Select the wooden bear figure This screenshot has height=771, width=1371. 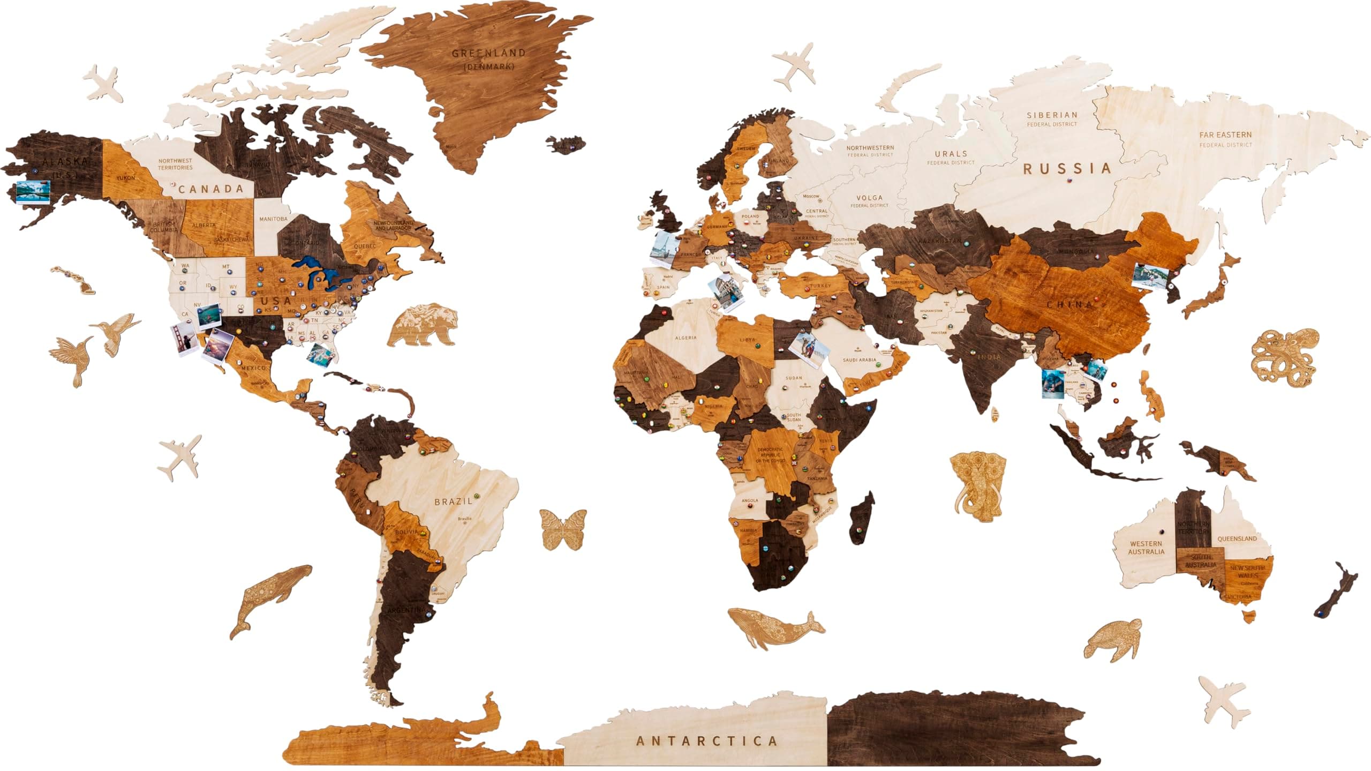[423, 324]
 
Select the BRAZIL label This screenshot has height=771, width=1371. [453, 501]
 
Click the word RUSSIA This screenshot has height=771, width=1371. [1067, 169]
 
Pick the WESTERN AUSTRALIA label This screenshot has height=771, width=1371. [1146, 548]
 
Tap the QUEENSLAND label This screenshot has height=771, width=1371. [1237, 538]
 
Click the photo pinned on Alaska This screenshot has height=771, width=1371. [33, 191]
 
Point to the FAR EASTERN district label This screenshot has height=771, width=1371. [1225, 135]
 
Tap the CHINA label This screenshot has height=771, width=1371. [1070, 304]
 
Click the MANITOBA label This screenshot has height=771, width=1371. [273, 219]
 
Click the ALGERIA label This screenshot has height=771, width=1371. [685, 338]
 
